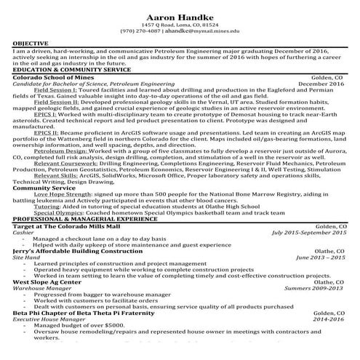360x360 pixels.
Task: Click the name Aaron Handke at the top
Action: pos(180,16)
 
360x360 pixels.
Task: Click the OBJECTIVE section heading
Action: pos(31,44)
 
